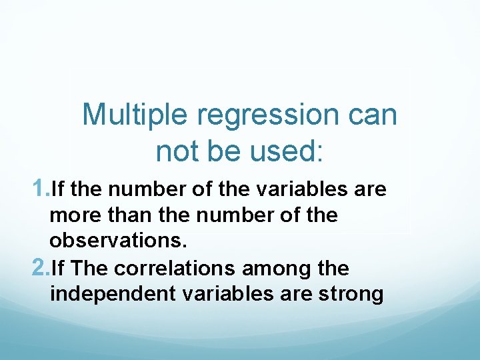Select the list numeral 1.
pyautogui.click(x=39, y=189)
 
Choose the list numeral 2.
pyautogui.click(x=39, y=268)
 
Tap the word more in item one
pyautogui.click(x=71, y=216)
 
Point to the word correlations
pyautogui.click(x=175, y=268)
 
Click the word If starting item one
pyautogui.click(x=57, y=189)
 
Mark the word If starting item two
pyautogui.click(x=57, y=268)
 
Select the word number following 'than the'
pyautogui.click(x=211, y=216)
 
